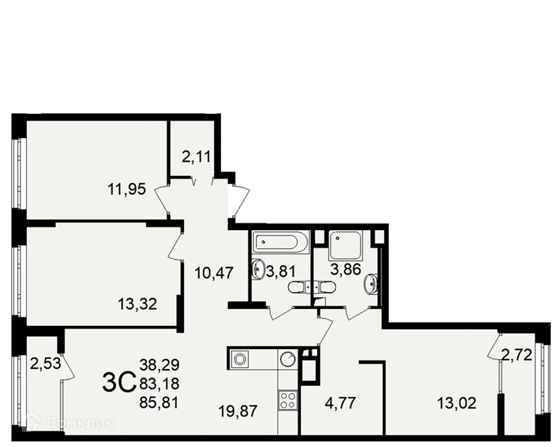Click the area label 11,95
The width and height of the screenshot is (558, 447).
(x=127, y=189)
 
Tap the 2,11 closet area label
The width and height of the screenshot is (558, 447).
(x=196, y=157)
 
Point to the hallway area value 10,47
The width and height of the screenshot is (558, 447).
(x=214, y=273)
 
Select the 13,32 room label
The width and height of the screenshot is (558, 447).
(x=137, y=305)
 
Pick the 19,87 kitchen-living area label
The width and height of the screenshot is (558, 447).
(x=238, y=412)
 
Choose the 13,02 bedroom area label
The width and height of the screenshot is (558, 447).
(x=457, y=402)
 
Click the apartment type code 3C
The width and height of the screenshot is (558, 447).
(x=119, y=383)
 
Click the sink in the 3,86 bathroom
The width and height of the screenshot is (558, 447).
(x=372, y=284)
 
